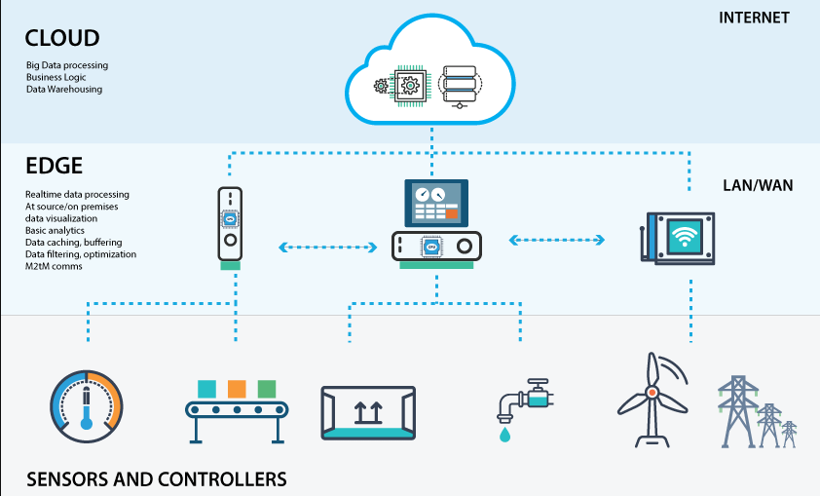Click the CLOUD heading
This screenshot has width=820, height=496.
(62, 38)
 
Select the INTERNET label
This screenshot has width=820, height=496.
(754, 18)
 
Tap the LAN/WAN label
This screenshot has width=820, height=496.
(758, 185)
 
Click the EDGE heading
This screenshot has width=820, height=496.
(54, 166)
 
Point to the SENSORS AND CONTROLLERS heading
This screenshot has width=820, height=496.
(157, 479)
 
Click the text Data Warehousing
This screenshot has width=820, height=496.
(64, 89)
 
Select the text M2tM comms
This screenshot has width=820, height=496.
(54, 266)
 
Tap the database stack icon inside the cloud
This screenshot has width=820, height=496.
(459, 87)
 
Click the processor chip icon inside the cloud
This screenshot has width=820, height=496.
(410, 86)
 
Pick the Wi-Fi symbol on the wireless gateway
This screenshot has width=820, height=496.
(685, 236)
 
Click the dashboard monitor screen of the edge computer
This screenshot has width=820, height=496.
(436, 203)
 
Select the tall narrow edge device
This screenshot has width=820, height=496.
(230, 224)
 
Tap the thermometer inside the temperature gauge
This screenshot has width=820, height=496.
(87, 408)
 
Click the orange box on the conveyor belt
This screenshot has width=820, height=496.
(237, 389)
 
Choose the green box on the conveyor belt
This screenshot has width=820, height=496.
(267, 389)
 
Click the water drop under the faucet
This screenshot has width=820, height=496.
(504, 435)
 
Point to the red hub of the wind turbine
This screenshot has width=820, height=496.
(652, 393)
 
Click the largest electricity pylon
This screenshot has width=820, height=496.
(738, 411)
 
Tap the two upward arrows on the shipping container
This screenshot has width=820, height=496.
(368, 412)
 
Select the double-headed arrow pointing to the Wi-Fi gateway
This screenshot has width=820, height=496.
(557, 240)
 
